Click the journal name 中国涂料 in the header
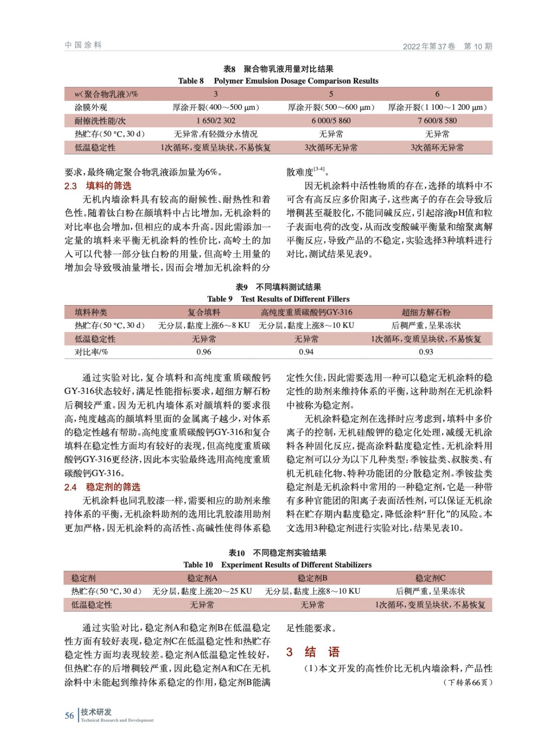[x=83, y=45]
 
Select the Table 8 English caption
[x=278, y=81]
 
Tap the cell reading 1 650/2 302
[x=216, y=121]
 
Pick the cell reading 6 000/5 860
[x=331, y=121]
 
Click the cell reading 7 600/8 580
[x=437, y=121]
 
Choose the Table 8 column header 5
[x=331, y=94]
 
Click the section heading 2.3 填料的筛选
[x=98, y=186]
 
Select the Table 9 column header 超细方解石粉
[x=426, y=312]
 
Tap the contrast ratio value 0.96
[x=204, y=352]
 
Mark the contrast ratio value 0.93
[x=426, y=352]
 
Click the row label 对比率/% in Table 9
[x=92, y=352]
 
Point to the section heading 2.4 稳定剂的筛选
[x=102, y=487]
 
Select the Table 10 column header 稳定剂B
[x=312, y=578]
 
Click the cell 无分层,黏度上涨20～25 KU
[x=202, y=591]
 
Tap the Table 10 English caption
[x=277, y=565]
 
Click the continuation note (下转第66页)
[x=467, y=682]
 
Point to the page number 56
[x=69, y=715]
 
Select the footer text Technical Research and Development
[x=117, y=720]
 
